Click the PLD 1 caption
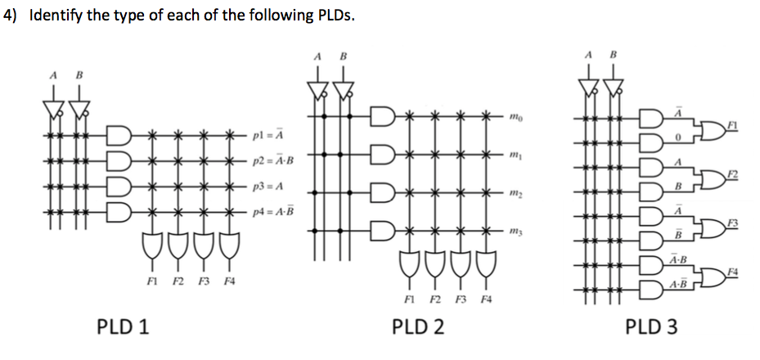click(x=123, y=327)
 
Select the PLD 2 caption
click(x=418, y=327)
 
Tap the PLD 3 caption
click(x=651, y=327)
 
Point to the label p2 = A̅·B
click(x=273, y=159)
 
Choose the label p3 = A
click(x=268, y=187)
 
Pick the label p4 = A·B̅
click(x=273, y=213)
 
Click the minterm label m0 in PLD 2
click(x=515, y=117)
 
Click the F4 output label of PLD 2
click(x=488, y=300)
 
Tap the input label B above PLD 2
click(x=344, y=56)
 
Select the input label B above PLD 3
click(x=613, y=55)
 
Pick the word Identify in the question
click(x=57, y=16)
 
